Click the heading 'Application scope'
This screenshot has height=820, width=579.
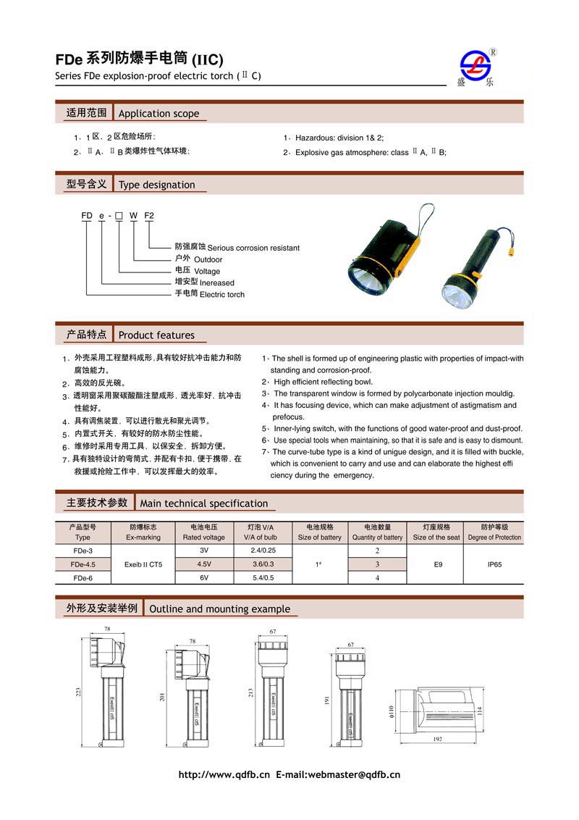pos(159,113)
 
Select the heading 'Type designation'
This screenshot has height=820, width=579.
pos(156,185)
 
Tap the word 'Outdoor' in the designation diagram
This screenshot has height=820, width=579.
pos(208,259)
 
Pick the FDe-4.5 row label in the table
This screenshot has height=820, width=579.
pos(83,564)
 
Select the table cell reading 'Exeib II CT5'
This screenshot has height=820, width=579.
pos(143,564)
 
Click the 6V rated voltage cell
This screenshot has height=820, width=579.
pos(203,577)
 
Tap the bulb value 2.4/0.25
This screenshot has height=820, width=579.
pos(263,551)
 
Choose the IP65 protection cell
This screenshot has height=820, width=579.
pos(494,564)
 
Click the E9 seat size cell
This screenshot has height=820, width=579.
pos(436,564)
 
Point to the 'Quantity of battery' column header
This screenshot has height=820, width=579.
pos(377,537)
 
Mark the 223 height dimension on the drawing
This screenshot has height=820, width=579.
pos(78,693)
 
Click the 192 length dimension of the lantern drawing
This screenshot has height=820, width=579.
pos(438,740)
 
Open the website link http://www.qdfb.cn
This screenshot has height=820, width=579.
pos(224,775)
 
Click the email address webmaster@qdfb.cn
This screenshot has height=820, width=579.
pos(354,775)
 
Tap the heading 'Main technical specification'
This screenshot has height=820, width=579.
pos(203,503)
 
